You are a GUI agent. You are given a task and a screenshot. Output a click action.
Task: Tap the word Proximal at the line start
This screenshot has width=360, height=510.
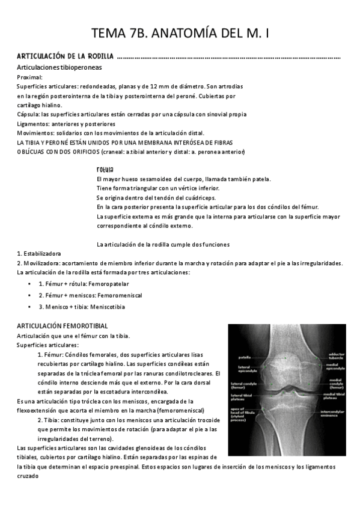coord(29,77)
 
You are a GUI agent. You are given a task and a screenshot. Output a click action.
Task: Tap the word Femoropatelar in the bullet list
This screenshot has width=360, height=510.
coord(108,283)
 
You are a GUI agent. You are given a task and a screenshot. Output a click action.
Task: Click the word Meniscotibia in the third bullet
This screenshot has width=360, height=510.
coord(108,307)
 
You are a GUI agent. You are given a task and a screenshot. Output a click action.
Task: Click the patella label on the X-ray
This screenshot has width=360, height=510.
coord(244,357)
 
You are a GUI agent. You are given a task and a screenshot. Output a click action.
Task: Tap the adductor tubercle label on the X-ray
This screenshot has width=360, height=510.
coord(337,357)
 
